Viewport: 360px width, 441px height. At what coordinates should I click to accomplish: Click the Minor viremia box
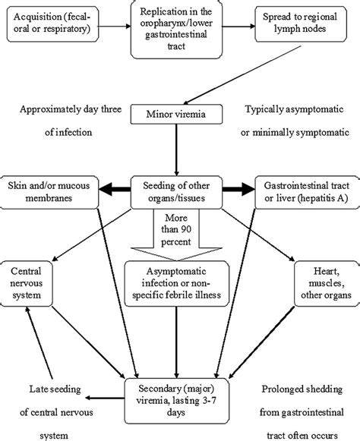tap(178, 115)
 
